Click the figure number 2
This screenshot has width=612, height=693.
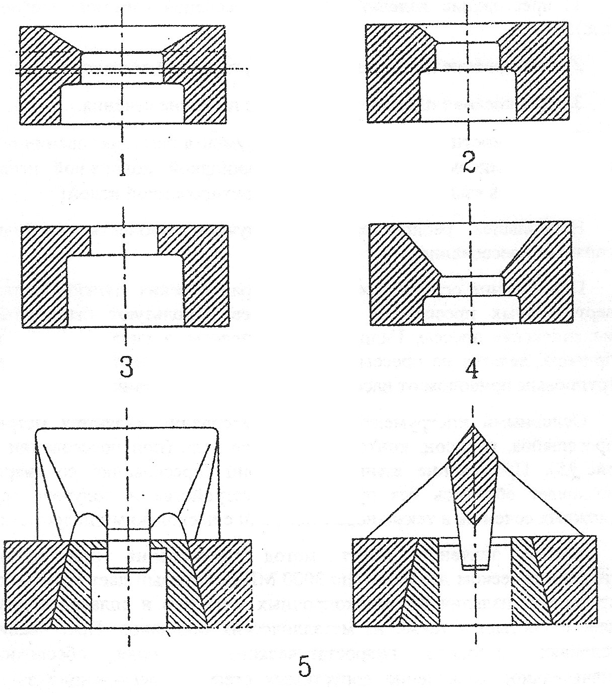469,162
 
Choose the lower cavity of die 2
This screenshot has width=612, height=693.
468,96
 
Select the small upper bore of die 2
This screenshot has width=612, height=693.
468,55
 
